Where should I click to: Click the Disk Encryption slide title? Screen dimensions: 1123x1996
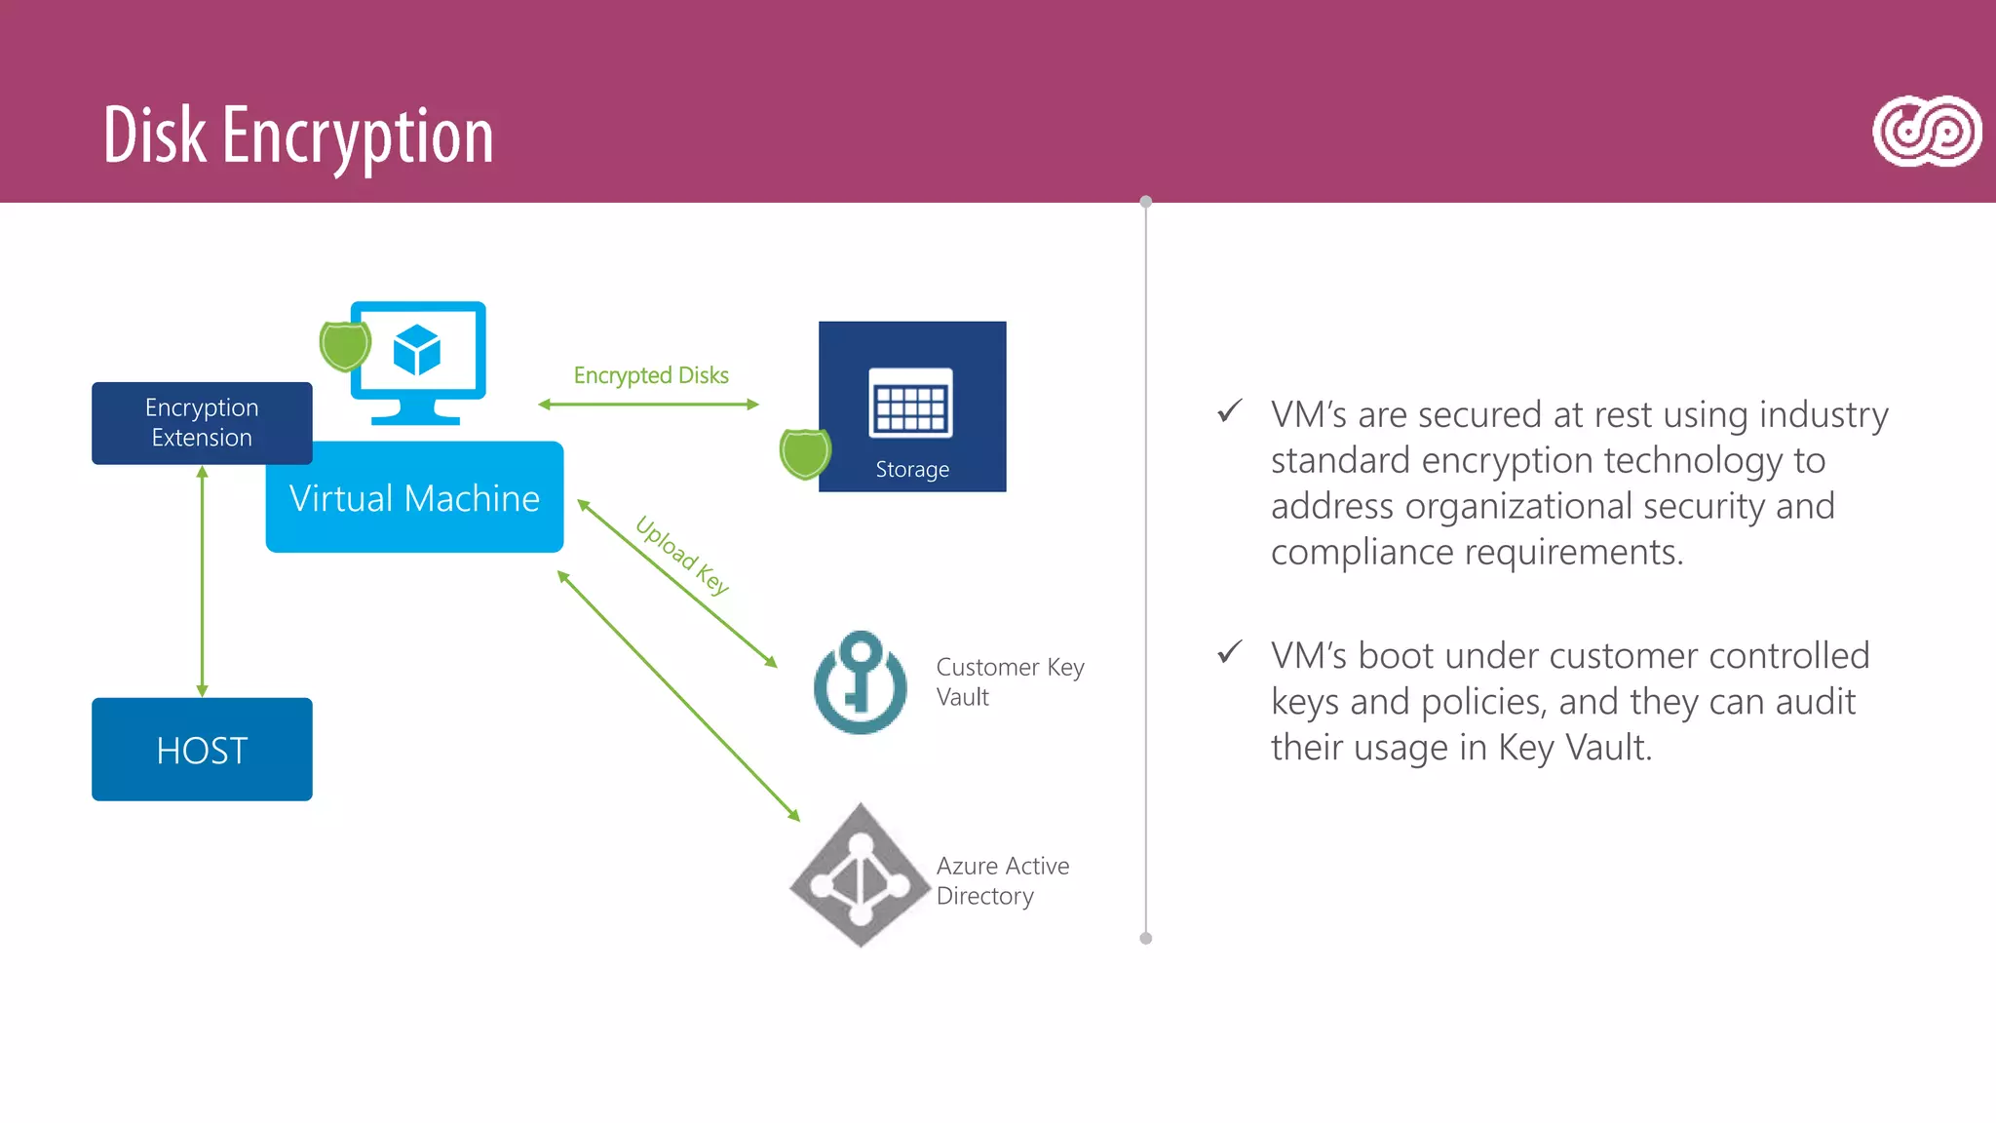point(298,136)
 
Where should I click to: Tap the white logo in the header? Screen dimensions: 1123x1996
point(1926,132)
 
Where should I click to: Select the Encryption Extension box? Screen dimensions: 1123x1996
point(202,423)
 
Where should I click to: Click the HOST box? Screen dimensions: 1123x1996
point(202,750)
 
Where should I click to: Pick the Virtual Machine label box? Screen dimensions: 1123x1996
point(414,498)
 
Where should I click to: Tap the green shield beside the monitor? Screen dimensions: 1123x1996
point(344,346)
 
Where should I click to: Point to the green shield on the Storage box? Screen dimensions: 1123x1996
point(805,454)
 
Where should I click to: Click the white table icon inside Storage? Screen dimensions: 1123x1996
point(910,403)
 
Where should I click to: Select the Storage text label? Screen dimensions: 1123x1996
point(911,470)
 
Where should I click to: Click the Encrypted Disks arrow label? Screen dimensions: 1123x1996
point(651,375)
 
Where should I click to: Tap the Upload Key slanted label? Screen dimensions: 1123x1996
point(681,555)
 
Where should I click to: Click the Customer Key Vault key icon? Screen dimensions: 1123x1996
point(860,682)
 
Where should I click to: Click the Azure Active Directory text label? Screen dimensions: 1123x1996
point(1002,880)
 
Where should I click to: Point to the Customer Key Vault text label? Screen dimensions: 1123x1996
point(1009,681)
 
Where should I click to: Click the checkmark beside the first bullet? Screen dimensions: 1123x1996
point(1230,411)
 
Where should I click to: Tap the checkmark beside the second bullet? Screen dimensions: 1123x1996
point(1230,652)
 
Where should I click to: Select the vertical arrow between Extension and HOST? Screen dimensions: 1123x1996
point(202,581)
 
